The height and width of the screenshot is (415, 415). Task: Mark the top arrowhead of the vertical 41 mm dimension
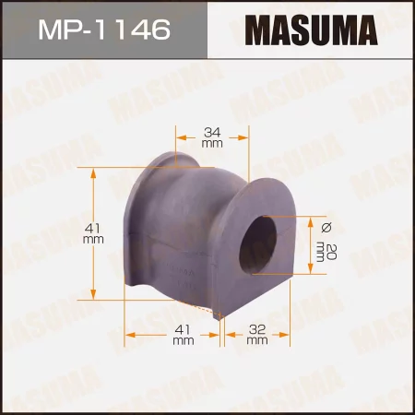point(94,172)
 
